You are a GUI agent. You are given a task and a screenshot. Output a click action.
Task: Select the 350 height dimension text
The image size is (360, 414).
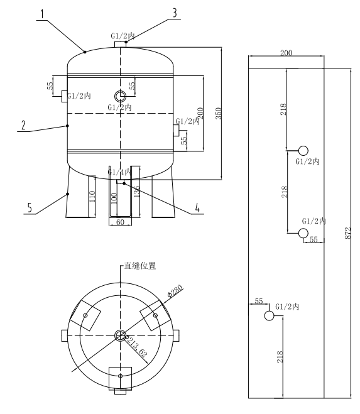pos(217,113)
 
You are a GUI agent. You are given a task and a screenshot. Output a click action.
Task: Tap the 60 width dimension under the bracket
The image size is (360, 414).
pos(120,222)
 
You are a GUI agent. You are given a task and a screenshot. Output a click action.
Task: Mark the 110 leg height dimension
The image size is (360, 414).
pos(91,200)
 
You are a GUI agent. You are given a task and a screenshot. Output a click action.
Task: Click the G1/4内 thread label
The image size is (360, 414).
pos(119,171)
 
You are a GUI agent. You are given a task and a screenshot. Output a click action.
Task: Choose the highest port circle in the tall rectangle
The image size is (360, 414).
pos(303,150)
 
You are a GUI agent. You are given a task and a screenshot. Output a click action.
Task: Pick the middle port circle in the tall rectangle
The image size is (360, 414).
pos(303,233)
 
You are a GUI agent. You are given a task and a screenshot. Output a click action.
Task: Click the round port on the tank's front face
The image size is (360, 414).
pos(120,95)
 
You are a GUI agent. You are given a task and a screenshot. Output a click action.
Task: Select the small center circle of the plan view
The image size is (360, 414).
pos(120,335)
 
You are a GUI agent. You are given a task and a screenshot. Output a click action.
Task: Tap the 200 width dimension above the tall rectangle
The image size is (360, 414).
pos(286,53)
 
